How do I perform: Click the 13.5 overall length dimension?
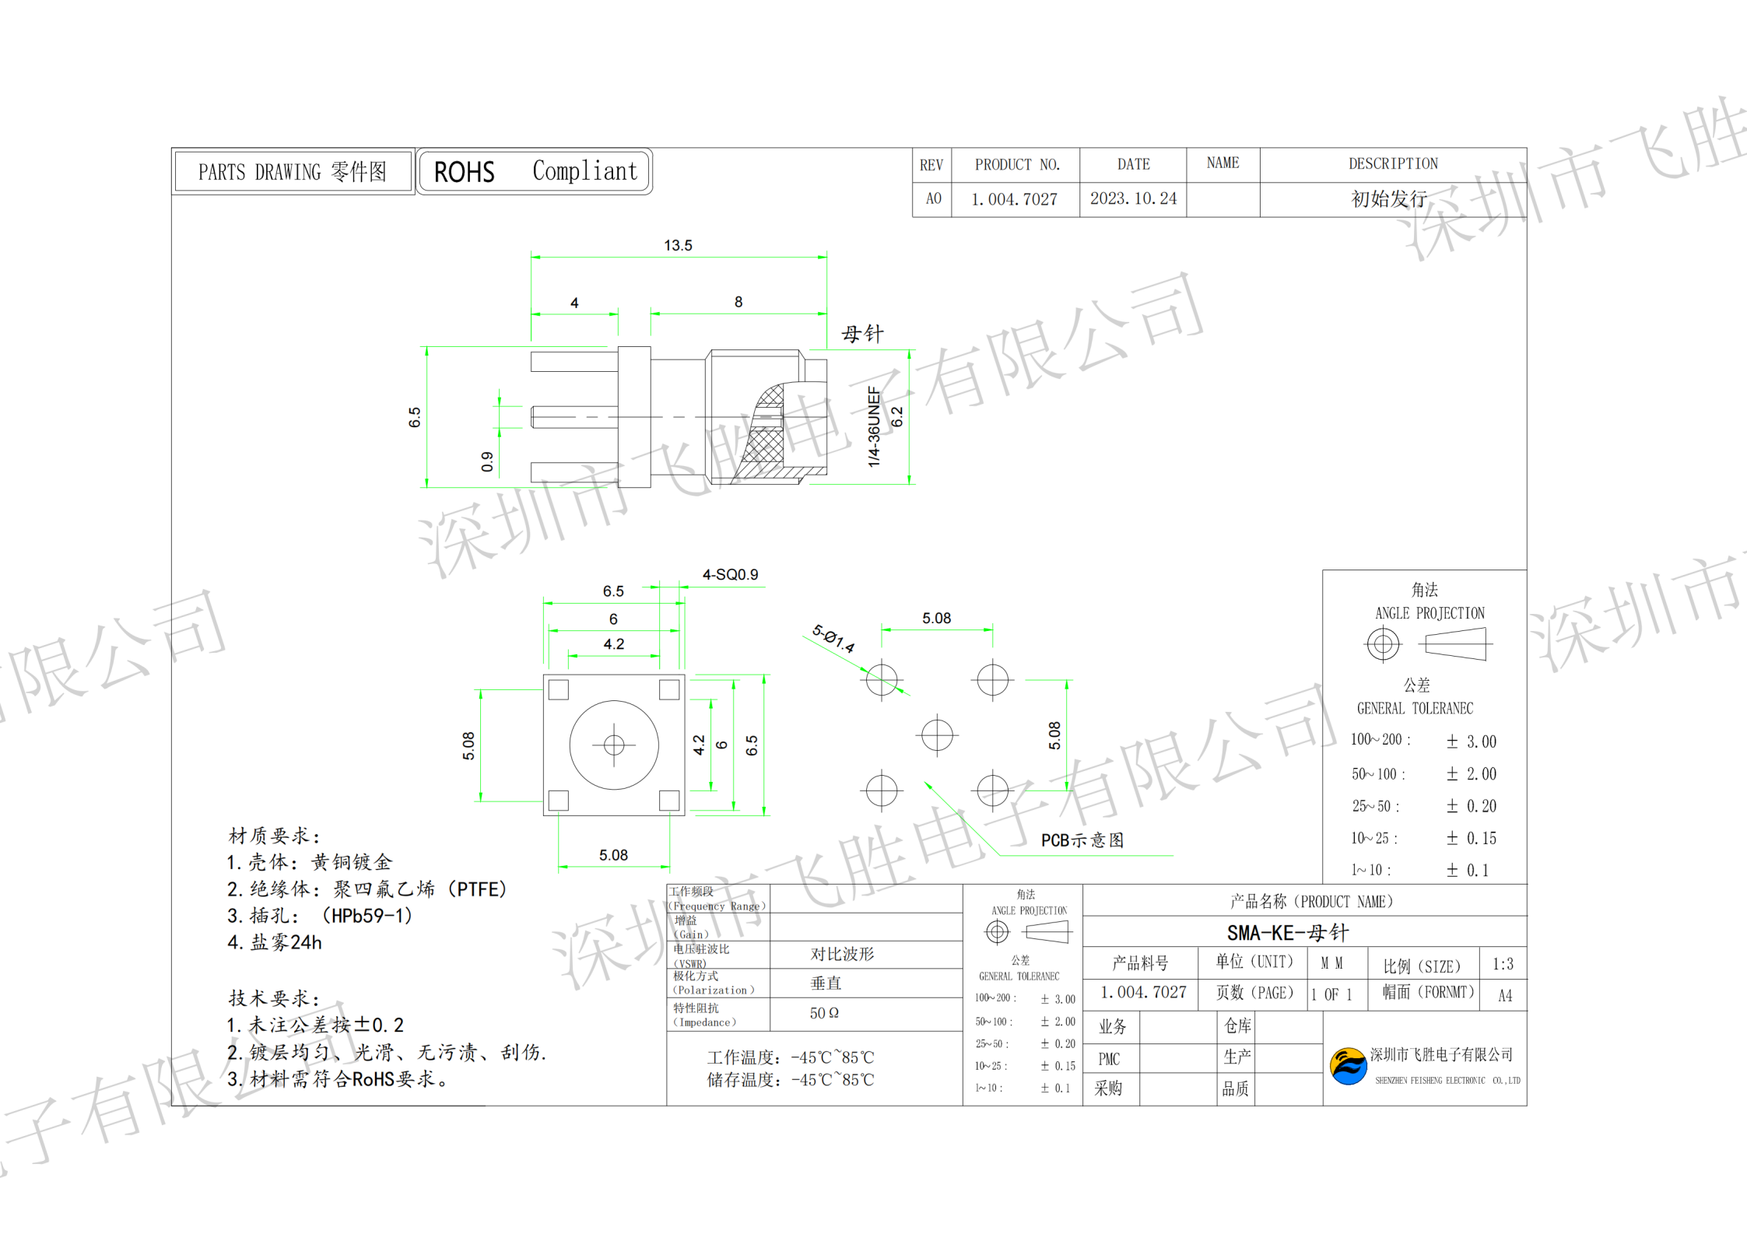[678, 246]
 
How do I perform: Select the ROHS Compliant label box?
[535, 171]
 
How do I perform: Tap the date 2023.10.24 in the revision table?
[1133, 199]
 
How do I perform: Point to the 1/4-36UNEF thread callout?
[874, 426]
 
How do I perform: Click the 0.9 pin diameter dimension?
[487, 461]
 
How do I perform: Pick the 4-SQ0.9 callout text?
[730, 575]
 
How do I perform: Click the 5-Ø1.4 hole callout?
[833, 639]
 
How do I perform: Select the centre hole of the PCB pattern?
[937, 734]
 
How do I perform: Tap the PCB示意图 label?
[1082, 840]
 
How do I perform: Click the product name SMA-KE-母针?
[1288, 933]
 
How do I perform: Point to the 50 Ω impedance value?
[824, 1013]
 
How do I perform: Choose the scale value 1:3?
[1503, 965]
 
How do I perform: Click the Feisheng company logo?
[1348, 1066]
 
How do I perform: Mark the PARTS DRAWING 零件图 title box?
[293, 172]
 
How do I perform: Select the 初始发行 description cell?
[1389, 199]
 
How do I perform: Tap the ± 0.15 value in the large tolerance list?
[1471, 839]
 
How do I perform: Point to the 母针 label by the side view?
[862, 335]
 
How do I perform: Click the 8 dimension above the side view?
[738, 302]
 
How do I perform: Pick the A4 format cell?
[1505, 996]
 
